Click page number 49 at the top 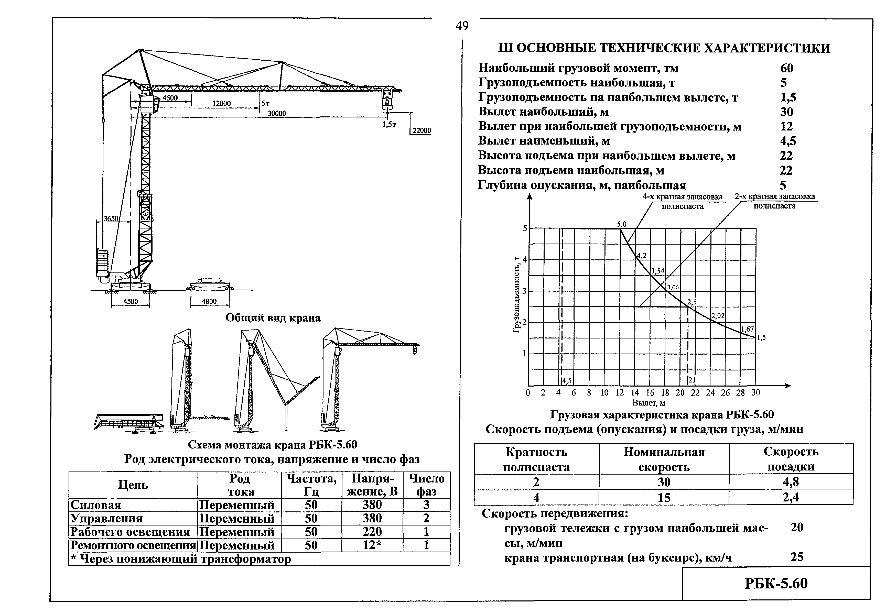pos(462,26)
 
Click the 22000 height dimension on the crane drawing pos(422,130)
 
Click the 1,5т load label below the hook pos(389,124)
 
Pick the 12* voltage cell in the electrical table pos(372,545)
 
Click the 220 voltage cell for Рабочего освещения pos(372,532)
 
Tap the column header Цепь pos(133,485)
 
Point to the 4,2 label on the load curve pos(642,255)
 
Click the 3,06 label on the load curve pos(673,287)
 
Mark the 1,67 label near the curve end pos(748,329)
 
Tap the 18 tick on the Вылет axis pos(665,393)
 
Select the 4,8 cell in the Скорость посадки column pos(791,482)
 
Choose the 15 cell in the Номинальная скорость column pos(664,497)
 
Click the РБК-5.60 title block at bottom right pos(776,584)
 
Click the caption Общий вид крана pos(273,318)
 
